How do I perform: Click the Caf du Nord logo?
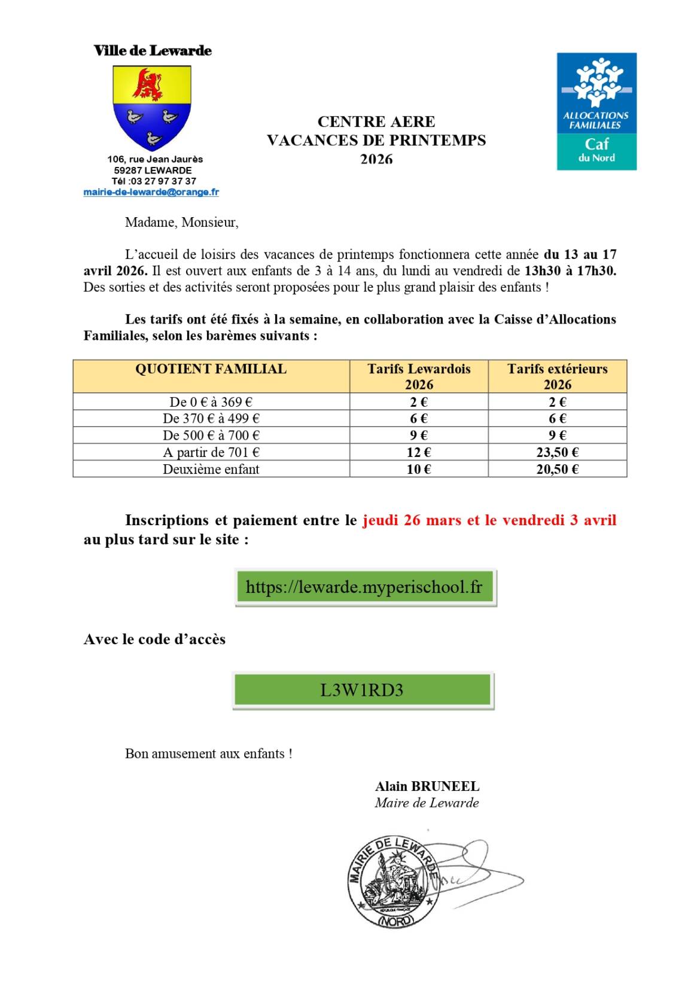pos(596,111)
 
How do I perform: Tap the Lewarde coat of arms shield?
pos(152,106)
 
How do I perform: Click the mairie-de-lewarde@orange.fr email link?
pos(151,192)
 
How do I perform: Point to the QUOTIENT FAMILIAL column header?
pos(211,369)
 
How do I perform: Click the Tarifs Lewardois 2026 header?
pos(419,376)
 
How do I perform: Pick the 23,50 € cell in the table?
pos(557,452)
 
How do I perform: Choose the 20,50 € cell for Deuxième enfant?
pos(557,469)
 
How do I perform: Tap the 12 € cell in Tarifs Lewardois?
pos(419,452)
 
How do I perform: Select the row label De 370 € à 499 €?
pos(211,418)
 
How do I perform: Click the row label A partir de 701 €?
pos(211,452)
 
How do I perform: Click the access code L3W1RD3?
pos(362,690)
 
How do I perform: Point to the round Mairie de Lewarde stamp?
pos(394,882)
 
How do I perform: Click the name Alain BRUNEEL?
pos(427,786)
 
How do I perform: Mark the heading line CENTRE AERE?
pos(376,121)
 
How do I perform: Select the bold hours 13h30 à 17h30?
pos(570,270)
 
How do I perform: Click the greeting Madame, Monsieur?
pos(182,223)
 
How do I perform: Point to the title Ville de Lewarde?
pos(153,50)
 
